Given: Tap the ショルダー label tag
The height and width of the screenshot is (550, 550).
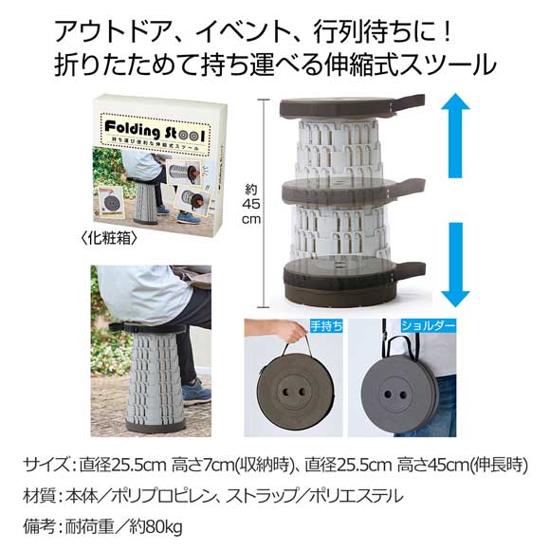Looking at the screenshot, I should click(x=428, y=324).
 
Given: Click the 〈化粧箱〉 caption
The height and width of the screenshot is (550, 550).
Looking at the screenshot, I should click(x=112, y=240).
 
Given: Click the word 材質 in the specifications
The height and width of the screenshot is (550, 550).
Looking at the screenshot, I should click(x=41, y=494).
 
